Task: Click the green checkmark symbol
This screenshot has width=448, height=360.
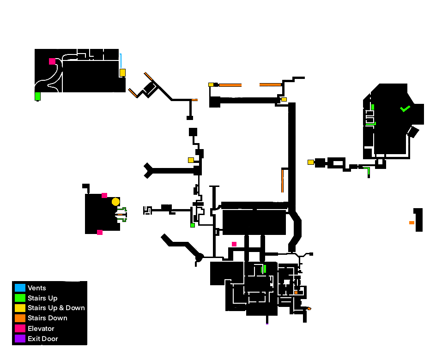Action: pos(405,109)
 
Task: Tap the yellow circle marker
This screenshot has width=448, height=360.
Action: pos(115,202)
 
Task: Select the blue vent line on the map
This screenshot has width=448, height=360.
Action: pos(121,60)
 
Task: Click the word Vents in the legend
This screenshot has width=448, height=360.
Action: pos(37,288)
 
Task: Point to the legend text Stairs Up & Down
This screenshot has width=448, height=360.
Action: pos(56,308)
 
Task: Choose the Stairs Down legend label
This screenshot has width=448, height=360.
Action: pos(47,318)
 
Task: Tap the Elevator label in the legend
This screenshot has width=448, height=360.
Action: pos(41,329)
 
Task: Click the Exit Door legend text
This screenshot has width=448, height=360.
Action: pos(42,339)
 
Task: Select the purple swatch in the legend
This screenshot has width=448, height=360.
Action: pos(20,339)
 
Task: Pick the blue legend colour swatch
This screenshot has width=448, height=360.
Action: pos(20,288)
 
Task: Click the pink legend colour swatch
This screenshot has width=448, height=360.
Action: pos(20,329)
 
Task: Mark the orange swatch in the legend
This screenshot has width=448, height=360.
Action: pos(20,318)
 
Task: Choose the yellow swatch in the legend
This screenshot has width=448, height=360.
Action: pos(20,308)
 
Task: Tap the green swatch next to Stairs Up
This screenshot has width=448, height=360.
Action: pos(20,298)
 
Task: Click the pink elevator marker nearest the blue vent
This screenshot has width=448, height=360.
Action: pos(52,61)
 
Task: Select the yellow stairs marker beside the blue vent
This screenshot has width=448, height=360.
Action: pos(122,72)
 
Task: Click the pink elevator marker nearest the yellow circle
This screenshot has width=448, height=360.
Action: pos(104,196)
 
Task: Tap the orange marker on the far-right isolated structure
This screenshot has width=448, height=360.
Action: pos(412,223)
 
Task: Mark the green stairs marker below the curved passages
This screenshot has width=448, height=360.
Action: pos(37,96)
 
